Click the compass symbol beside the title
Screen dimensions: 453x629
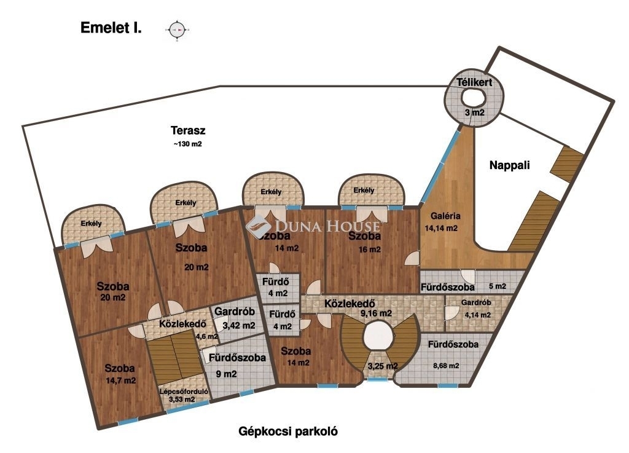178,28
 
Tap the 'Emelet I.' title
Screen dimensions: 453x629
111,28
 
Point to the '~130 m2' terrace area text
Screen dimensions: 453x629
187,144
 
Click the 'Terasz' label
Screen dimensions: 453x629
187,130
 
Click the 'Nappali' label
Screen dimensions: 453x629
509,165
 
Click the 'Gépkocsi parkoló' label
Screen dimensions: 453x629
288,431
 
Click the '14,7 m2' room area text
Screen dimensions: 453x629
120,380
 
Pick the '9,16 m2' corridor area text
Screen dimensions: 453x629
376,313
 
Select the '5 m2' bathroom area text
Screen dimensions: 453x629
498,286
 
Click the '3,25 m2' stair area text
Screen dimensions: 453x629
382,366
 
